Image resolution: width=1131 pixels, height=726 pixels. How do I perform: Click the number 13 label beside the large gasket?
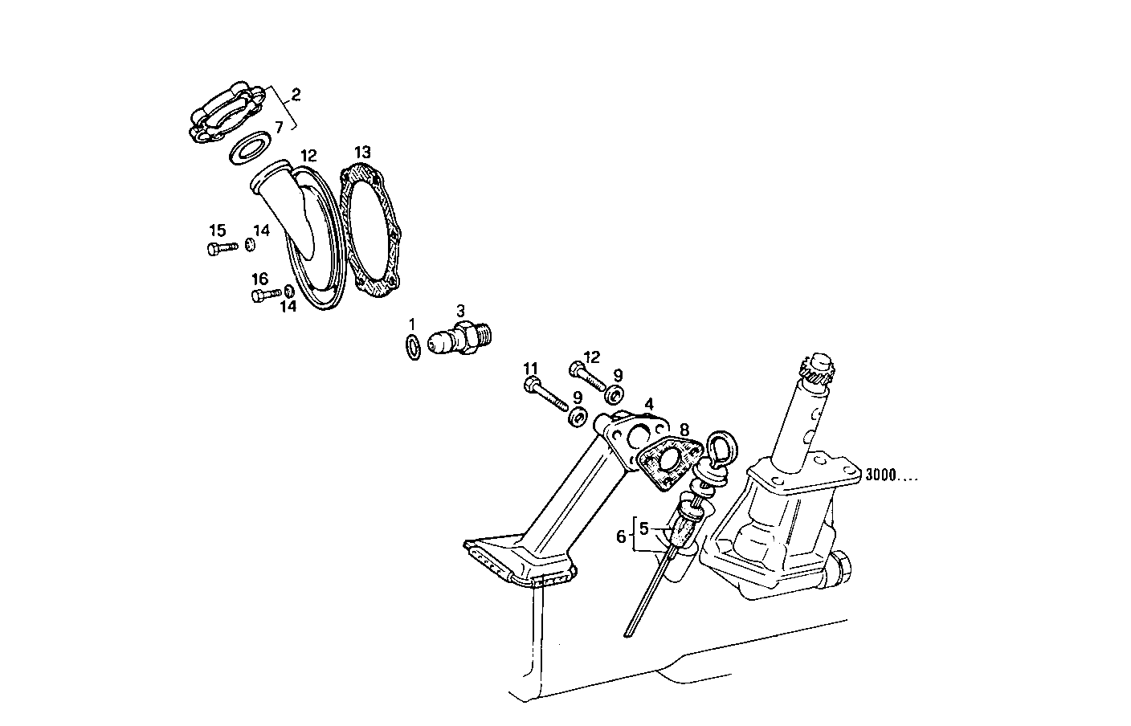363,152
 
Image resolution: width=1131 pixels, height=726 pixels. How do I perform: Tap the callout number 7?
279,127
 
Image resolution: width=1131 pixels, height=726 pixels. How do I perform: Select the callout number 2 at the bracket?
296,95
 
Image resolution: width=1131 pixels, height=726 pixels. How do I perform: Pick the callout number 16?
259,279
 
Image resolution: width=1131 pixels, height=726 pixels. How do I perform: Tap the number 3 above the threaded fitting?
460,310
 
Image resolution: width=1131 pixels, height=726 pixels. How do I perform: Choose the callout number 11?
530,369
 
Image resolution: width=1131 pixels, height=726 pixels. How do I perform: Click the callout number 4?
647,404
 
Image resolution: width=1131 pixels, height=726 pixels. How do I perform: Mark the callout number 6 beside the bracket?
620,536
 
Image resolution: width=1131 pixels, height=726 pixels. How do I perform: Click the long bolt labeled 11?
546,396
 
